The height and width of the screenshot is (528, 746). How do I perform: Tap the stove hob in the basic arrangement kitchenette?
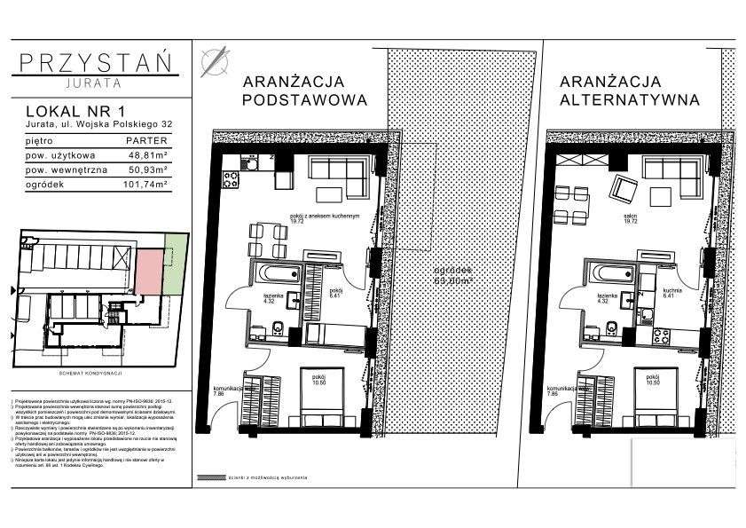click(x=230, y=180)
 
